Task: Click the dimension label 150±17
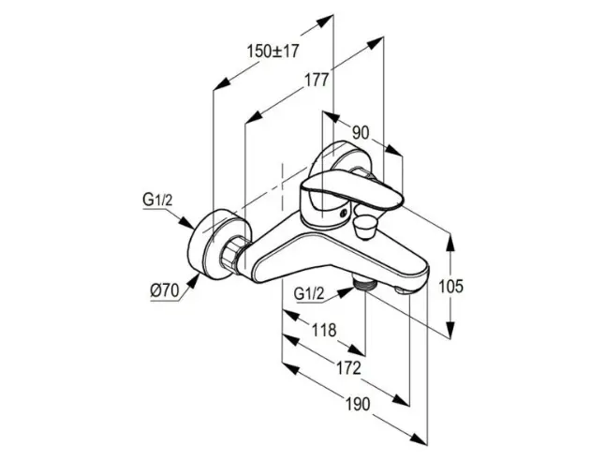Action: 273,51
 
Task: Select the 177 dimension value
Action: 317,81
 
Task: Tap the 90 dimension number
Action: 361,133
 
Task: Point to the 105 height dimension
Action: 450,287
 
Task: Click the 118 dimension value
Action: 324,330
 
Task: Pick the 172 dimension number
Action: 348,368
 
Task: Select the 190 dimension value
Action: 358,404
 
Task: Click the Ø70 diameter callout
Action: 165,290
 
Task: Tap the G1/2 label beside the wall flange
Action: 157,200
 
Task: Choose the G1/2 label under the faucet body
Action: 309,294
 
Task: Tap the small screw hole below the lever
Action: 342,213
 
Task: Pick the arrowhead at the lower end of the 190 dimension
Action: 420,439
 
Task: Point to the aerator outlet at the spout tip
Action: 403,290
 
